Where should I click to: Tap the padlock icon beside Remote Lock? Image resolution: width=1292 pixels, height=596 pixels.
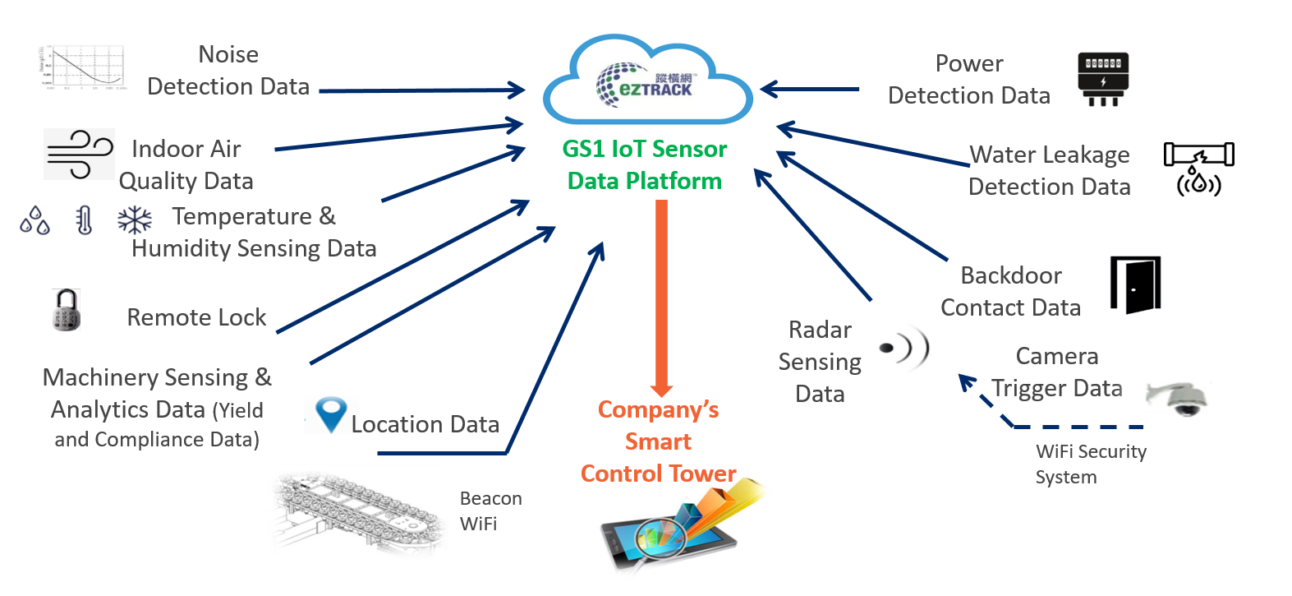tap(66, 310)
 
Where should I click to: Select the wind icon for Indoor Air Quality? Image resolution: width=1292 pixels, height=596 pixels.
tap(79, 154)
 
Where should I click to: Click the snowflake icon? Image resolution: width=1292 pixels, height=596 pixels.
tap(135, 220)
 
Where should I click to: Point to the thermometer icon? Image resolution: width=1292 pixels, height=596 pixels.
tap(84, 220)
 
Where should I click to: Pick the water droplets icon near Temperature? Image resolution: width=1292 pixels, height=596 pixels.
tap(34, 220)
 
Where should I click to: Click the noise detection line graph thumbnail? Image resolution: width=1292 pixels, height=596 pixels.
tap(82, 67)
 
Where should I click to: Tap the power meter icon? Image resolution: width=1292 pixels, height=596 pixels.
tap(1102, 79)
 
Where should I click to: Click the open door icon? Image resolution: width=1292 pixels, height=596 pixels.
tap(1136, 284)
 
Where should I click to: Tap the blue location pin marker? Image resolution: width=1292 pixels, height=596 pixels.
tap(331, 414)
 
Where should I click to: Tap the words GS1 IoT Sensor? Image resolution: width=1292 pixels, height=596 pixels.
tap(645, 149)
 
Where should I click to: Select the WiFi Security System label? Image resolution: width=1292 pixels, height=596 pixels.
tap(1090, 464)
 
